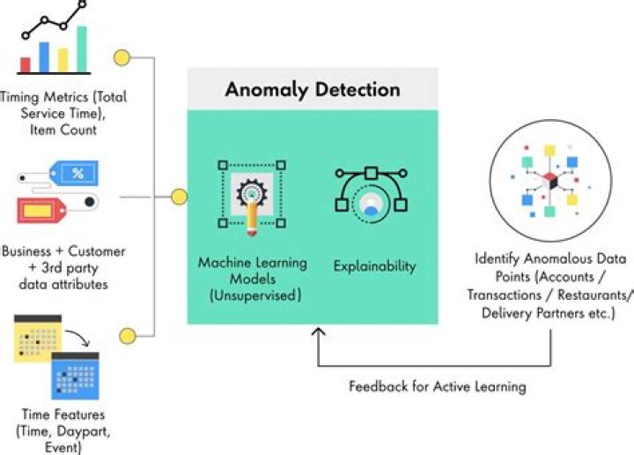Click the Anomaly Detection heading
point(312,90)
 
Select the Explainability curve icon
point(370,192)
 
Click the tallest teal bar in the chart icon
point(82,49)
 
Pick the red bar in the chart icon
point(26,64)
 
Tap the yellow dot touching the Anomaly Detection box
point(179,197)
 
